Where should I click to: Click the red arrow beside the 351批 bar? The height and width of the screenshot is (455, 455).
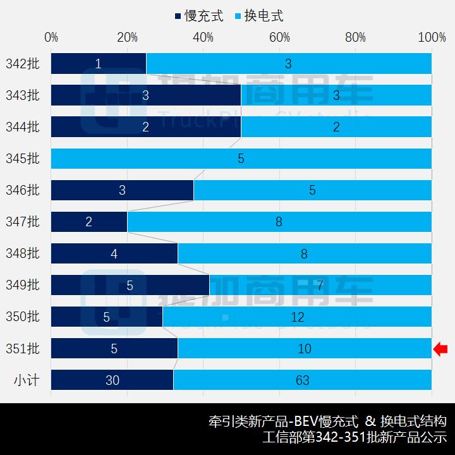tap(440, 348)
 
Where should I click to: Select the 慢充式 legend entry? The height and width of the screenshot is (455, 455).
tap(199, 16)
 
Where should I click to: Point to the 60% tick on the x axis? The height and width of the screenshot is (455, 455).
tap(279, 38)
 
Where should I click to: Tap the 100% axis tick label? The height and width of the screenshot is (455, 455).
tap(432, 38)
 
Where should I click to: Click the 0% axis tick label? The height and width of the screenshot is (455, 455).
tap(51, 38)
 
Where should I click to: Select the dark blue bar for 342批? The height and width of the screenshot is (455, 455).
tap(99, 63)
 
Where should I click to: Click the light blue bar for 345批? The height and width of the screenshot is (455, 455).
tap(241, 158)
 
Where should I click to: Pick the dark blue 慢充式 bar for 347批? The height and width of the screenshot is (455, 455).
tap(89, 222)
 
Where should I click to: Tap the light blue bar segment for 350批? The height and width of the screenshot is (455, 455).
tap(297, 317)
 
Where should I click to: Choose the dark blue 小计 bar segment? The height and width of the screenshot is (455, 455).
tap(112, 380)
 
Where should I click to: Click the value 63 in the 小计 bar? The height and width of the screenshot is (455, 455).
tap(303, 380)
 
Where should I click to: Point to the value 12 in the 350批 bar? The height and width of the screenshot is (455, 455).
tap(297, 317)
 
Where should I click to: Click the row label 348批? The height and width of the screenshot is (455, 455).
tap(22, 253)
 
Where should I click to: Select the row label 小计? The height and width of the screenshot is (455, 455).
tap(25, 380)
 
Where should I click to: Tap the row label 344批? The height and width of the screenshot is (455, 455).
tap(22, 127)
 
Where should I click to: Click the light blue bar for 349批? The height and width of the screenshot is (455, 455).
tap(320, 285)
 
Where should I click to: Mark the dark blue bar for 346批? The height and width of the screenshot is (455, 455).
tap(122, 190)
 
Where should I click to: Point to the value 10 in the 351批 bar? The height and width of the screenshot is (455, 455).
tap(305, 349)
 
